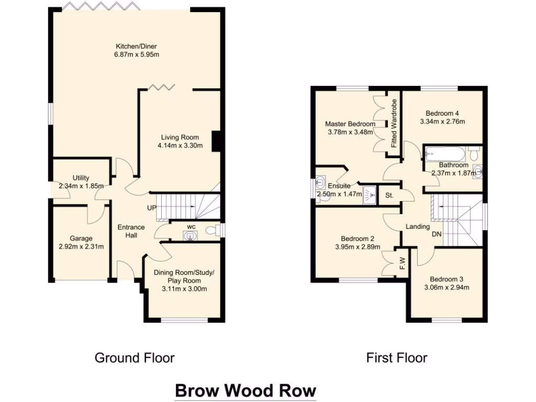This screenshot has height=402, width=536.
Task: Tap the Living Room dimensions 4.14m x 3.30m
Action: (x=180, y=146)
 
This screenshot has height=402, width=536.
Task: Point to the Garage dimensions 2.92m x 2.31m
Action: (x=81, y=247)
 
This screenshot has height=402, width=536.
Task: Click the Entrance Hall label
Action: (x=131, y=231)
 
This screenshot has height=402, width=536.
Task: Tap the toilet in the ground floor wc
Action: (x=211, y=229)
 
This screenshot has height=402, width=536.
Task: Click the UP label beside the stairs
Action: (x=152, y=208)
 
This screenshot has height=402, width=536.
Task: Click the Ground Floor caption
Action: (x=135, y=358)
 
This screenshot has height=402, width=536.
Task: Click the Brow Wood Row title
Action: (x=245, y=390)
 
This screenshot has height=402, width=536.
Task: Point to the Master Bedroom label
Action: (x=350, y=124)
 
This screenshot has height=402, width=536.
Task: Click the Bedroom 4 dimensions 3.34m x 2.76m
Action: (x=442, y=121)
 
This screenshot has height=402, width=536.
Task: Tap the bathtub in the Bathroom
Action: (x=445, y=154)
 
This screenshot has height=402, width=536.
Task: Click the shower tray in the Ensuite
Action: (x=369, y=194)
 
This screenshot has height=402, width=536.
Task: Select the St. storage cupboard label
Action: (x=389, y=195)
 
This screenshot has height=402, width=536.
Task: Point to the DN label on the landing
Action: (x=437, y=234)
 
